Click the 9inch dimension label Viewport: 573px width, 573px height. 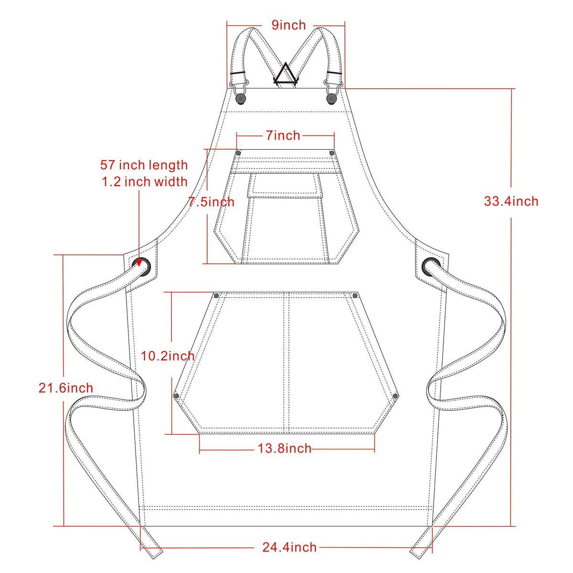pyautogui.click(x=288, y=25)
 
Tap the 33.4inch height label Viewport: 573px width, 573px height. pyautogui.click(x=511, y=201)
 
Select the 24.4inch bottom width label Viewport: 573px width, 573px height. pyautogui.click(x=289, y=547)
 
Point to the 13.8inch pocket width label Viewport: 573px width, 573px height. pyautogui.click(x=284, y=448)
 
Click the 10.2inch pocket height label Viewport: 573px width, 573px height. pyautogui.click(x=168, y=355)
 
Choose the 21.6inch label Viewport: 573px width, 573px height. pyautogui.click(x=66, y=388)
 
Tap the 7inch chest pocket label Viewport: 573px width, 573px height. pyautogui.click(x=283, y=135)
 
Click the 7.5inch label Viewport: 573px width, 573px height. pyautogui.click(x=212, y=202)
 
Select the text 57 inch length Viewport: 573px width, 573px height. pyautogui.click(x=144, y=165)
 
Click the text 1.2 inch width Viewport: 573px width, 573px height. pyautogui.click(x=145, y=182)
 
